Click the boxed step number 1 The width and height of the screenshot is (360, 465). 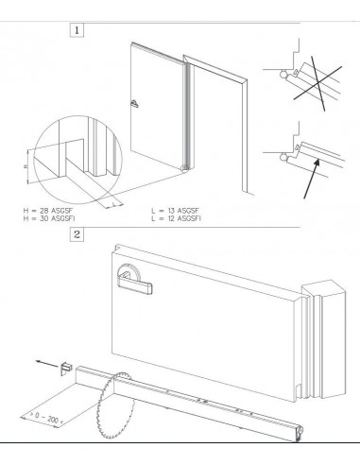tap(77, 30)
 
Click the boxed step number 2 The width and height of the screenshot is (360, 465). tap(77, 234)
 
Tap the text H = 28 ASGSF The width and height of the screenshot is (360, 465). tap(48, 211)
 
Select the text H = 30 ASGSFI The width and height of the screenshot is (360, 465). tap(49, 218)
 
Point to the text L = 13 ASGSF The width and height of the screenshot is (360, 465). tap(175, 211)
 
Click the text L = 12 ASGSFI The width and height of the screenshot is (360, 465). tap(176, 218)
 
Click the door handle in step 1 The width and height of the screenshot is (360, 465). tap(134, 104)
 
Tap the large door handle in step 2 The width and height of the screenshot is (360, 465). tap(134, 280)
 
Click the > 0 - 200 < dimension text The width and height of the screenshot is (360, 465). tap(46, 419)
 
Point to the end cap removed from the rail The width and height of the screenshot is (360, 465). tap(66, 368)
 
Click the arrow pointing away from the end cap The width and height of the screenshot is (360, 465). tap(47, 364)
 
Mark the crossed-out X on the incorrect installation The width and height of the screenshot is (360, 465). tap(318, 82)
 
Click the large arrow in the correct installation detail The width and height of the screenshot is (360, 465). tap(312, 179)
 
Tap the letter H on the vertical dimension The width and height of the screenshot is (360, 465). tap(26, 166)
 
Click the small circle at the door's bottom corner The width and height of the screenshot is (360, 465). tap(184, 168)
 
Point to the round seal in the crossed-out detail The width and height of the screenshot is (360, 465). tap(283, 74)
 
